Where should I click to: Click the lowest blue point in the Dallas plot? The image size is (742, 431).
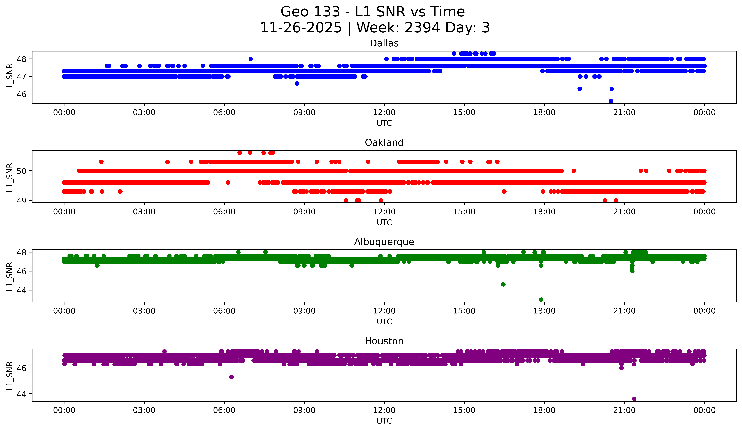[x=611, y=101]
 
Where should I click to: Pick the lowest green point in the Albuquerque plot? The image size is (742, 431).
[x=541, y=300]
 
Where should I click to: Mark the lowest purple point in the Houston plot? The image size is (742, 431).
[x=634, y=399]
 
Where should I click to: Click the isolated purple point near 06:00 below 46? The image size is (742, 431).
[x=231, y=377]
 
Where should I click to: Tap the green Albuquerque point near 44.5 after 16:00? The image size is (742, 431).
[x=503, y=284]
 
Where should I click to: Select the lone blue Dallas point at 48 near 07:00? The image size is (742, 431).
[x=251, y=59]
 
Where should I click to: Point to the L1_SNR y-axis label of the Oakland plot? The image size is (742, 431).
[x=9, y=177]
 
